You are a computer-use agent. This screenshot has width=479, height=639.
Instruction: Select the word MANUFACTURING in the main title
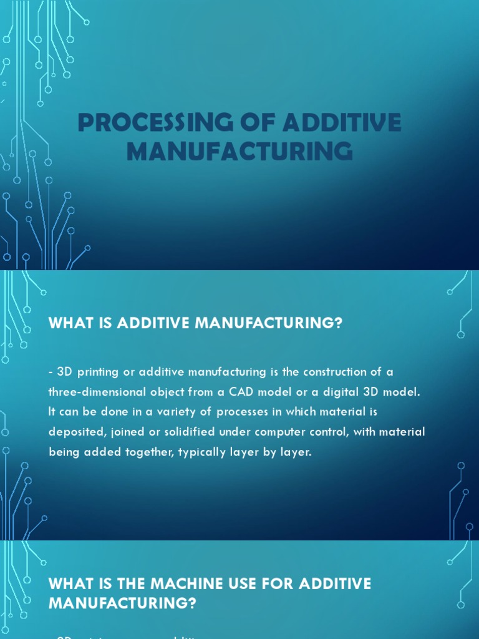[239, 152]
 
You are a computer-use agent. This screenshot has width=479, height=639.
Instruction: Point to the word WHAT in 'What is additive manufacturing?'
[69, 324]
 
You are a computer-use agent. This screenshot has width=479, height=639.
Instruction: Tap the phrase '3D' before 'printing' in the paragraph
[64, 372]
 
